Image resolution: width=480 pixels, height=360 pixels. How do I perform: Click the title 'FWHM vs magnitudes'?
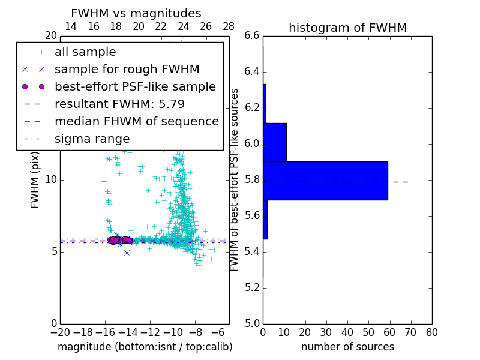136,13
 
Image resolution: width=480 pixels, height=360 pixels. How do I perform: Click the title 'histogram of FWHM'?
347,28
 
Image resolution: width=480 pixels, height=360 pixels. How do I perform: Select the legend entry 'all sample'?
85,52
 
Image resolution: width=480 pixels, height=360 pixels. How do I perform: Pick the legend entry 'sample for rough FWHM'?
127,69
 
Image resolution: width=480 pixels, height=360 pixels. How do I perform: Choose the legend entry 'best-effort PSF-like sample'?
135,86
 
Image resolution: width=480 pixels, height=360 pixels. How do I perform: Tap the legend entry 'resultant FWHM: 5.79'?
119,104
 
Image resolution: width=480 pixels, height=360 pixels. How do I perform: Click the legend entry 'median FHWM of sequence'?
136,121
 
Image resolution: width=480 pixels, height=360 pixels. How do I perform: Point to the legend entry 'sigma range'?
92,139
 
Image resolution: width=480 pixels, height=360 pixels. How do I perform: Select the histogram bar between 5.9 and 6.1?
275,142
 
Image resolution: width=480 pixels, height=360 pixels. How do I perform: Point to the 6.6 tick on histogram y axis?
253,36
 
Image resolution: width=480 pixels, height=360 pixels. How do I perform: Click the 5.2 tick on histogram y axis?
253,287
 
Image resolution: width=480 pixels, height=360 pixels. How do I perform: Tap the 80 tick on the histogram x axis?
431,332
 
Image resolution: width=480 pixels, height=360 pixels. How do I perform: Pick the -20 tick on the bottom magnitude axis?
60,332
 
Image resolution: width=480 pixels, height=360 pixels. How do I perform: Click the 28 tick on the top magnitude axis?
229,26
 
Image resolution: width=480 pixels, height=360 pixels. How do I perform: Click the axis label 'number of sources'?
347,347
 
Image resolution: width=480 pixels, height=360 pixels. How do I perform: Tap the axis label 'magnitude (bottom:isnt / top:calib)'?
145,347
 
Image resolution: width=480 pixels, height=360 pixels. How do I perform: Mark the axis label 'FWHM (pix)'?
35,179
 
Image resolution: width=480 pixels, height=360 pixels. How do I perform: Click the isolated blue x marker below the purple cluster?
127,253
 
